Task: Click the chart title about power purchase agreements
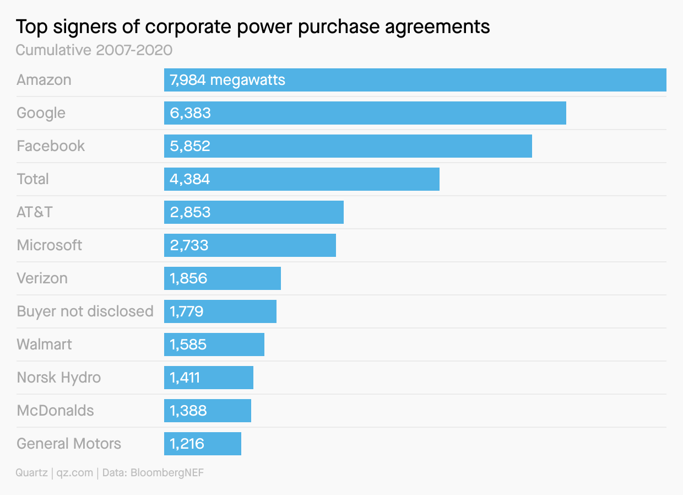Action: (x=253, y=26)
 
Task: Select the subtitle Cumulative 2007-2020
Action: (x=94, y=50)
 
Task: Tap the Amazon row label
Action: (x=44, y=80)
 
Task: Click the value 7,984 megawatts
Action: (x=227, y=80)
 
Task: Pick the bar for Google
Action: (x=365, y=113)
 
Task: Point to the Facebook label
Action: (x=51, y=146)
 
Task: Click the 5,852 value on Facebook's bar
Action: (x=190, y=146)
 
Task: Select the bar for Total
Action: (x=301, y=179)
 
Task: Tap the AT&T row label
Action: (x=34, y=212)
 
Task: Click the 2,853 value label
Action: (x=190, y=212)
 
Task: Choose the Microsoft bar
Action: (x=250, y=245)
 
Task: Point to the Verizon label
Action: (x=42, y=278)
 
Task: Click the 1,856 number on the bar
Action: (x=188, y=278)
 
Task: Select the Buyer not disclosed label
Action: (x=85, y=311)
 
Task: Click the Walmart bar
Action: (x=214, y=345)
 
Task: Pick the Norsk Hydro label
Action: (x=59, y=378)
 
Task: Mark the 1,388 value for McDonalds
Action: (x=188, y=411)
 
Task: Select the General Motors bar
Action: (x=202, y=444)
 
